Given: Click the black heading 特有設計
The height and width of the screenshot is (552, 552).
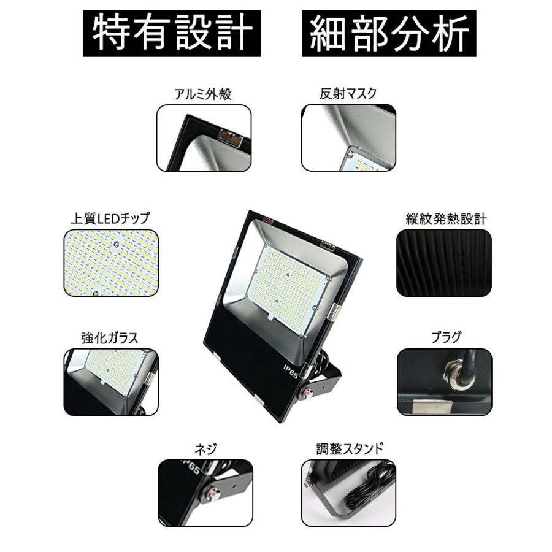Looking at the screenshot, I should pyautogui.click(x=172, y=33).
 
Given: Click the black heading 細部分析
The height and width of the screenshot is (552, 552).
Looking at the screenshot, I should pyautogui.click(x=389, y=33).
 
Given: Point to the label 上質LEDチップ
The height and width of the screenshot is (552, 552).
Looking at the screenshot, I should pyautogui.click(x=110, y=218).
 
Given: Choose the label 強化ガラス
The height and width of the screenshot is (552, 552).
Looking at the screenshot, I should pyautogui.click(x=110, y=337).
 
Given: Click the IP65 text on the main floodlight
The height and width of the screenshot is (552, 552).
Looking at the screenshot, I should pyautogui.click(x=290, y=370).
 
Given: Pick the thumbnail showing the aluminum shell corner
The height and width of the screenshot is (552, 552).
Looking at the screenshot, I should pyautogui.click(x=204, y=138).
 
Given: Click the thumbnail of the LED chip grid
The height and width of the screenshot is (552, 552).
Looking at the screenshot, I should pyautogui.click(x=110, y=263).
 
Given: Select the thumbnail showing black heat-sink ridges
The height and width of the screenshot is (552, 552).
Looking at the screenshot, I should pyautogui.click(x=444, y=263).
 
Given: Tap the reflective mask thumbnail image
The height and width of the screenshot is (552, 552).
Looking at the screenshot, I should pyautogui.click(x=348, y=138).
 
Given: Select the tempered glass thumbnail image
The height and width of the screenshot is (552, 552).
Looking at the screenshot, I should pyautogui.click(x=110, y=382).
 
